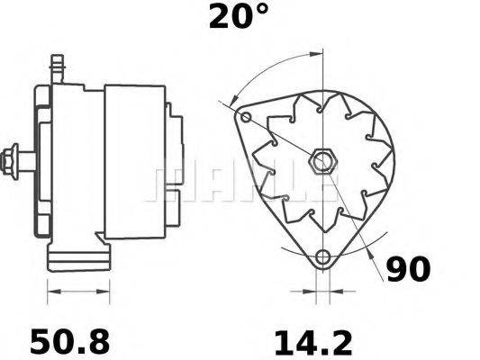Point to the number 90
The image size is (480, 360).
pyautogui.click(x=408, y=269)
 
